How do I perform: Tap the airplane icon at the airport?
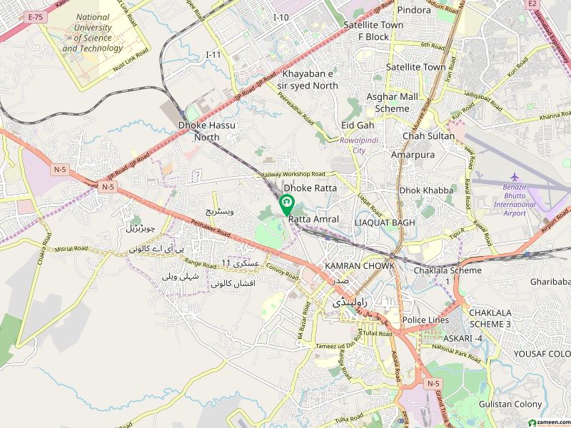(x=515, y=177)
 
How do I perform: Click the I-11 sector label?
(x=213, y=54)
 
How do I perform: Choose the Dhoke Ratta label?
(x=310, y=188)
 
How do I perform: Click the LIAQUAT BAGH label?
(x=385, y=223)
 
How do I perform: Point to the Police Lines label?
(x=425, y=320)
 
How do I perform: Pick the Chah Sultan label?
(x=429, y=136)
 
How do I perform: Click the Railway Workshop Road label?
(x=293, y=174)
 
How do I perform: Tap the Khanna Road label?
(x=555, y=116)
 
